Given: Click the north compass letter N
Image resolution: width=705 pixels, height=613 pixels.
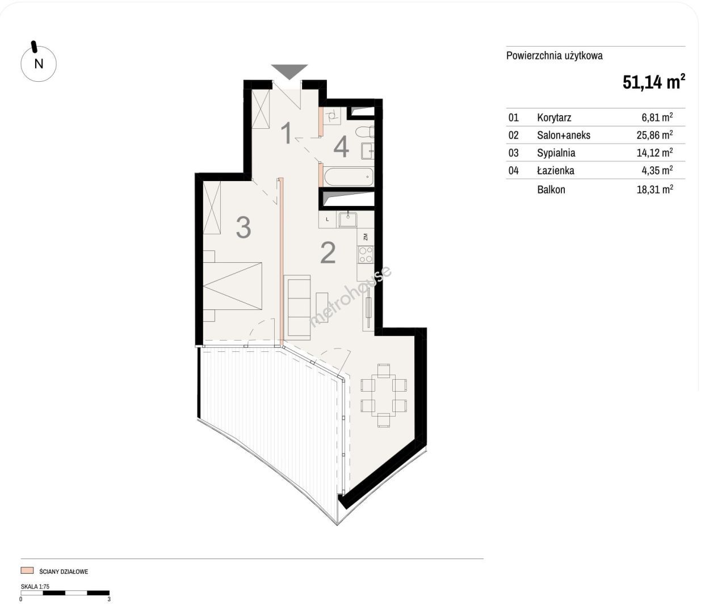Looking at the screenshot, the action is [x=39, y=64].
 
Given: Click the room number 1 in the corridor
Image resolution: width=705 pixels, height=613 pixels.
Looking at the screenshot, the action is [x=287, y=133].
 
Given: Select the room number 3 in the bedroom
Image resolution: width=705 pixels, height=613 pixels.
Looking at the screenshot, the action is [x=244, y=228].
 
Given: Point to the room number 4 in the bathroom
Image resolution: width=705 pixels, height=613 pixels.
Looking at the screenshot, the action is [x=341, y=148].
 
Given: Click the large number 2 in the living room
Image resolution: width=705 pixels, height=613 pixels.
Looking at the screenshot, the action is [x=328, y=253].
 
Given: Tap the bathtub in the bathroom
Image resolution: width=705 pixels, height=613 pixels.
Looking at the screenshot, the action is [x=349, y=177].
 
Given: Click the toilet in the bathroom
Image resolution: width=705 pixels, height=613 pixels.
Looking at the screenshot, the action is [x=364, y=132].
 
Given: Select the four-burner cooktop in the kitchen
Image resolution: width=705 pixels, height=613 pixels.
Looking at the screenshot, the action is [x=366, y=254].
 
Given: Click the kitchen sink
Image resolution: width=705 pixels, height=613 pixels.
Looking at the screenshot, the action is [x=348, y=220].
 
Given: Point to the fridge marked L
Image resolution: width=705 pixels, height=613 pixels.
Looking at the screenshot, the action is [x=328, y=220].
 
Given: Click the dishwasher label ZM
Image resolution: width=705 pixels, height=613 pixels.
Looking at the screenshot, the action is [x=365, y=237].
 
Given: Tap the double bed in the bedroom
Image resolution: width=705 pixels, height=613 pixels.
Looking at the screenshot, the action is [x=232, y=285].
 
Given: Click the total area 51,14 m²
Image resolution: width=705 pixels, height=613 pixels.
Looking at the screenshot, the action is [x=654, y=82].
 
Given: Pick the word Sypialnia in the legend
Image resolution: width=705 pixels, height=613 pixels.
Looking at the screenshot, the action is [x=556, y=153].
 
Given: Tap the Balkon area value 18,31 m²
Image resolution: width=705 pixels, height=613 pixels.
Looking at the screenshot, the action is [x=654, y=189].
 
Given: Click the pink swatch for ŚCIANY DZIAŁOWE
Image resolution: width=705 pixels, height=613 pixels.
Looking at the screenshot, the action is [x=27, y=570].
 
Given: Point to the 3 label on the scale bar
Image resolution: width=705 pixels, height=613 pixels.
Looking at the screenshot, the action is [x=109, y=599].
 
